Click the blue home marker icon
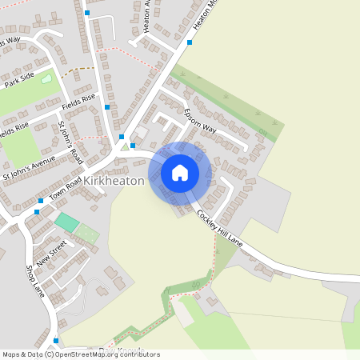click(x=180, y=173)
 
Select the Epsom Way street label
click(x=200, y=121)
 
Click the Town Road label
click(x=66, y=190)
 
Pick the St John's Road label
click(x=70, y=142)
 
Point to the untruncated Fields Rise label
click(x=78, y=102)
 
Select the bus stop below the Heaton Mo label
click(x=190, y=42)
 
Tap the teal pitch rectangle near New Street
click(x=67, y=222)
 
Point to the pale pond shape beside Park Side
click(x=46, y=80)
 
